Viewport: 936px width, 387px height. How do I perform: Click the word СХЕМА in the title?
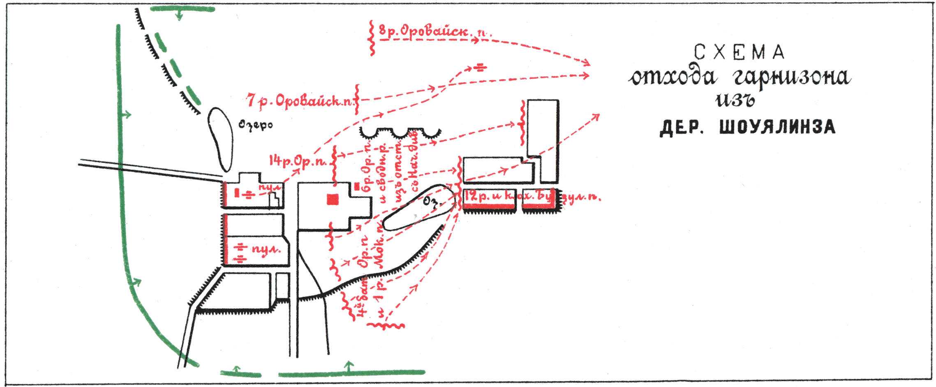point(739,52)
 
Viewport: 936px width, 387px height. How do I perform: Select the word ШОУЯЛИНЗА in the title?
point(777,127)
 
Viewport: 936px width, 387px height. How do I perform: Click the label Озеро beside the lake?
point(256,125)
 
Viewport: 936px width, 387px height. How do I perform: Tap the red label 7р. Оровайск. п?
point(300,101)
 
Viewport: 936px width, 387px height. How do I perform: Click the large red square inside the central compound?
point(333,199)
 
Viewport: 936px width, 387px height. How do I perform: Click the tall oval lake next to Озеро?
point(220,139)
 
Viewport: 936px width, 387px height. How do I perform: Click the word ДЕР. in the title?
point(681,128)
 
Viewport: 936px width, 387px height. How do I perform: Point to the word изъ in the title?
point(735,100)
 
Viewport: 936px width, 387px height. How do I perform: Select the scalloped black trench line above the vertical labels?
point(400,133)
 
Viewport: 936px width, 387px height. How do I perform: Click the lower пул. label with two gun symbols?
point(266,250)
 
